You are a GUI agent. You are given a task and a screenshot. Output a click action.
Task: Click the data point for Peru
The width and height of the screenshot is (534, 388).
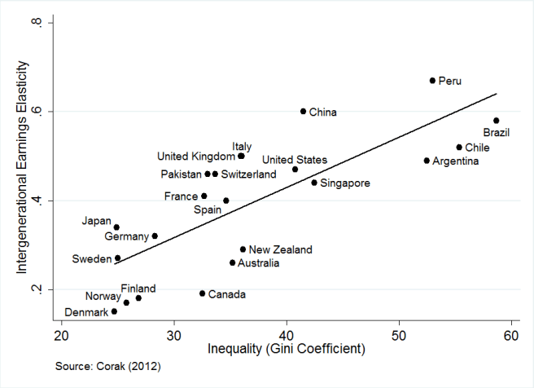[x=432, y=81]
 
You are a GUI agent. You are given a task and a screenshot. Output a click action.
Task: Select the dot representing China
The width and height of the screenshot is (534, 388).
[x=303, y=111]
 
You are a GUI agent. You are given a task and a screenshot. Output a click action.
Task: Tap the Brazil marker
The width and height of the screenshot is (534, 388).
[x=496, y=121]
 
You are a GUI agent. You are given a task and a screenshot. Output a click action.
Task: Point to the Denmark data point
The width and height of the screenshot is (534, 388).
[x=114, y=311]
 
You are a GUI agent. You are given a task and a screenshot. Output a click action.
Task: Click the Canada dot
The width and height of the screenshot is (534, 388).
[x=202, y=293]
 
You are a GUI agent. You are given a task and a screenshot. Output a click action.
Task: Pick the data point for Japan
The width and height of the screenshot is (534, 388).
[x=116, y=227]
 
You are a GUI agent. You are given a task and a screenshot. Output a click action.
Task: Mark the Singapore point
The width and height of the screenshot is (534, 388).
[x=314, y=183]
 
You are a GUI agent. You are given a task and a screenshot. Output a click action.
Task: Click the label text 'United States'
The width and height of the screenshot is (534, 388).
[x=295, y=160]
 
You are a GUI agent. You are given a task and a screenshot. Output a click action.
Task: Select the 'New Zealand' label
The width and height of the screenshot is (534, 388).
[x=280, y=249]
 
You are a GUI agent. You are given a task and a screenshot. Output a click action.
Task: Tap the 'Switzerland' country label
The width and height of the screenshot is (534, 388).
[x=248, y=174]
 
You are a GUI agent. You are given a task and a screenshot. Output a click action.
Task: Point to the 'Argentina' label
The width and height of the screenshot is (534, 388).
[x=455, y=161]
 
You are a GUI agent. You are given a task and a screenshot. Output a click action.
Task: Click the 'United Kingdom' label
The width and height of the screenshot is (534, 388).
[x=195, y=156]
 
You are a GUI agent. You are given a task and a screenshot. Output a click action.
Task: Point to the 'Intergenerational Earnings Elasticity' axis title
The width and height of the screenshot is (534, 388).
[x=24, y=170]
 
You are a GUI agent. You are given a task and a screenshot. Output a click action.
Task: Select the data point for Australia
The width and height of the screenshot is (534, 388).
[x=232, y=262]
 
